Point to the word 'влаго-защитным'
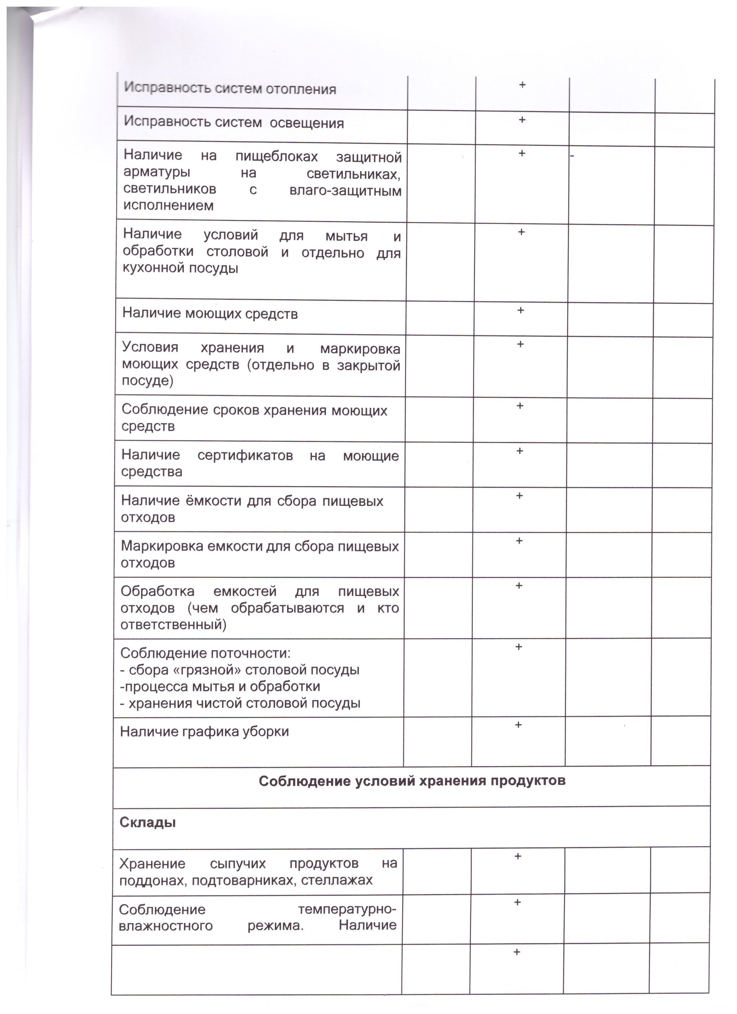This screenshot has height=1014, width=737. (x=345, y=191)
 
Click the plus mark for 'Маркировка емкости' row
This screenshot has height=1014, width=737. (x=519, y=541)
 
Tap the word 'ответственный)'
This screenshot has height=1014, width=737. (x=173, y=624)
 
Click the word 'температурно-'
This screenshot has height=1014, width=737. (x=347, y=909)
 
